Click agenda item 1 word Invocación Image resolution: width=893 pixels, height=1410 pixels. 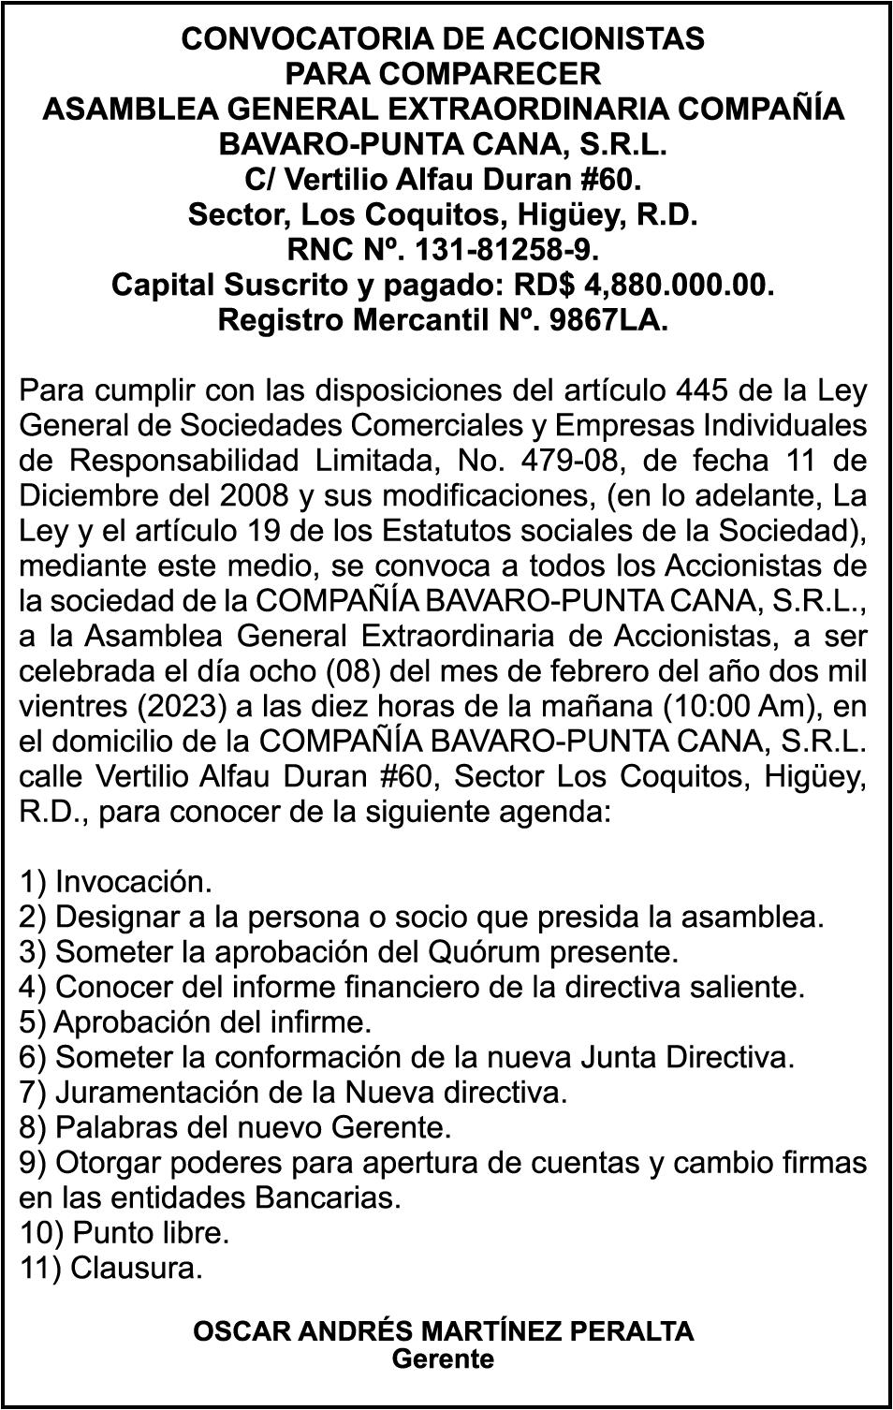(x=134, y=882)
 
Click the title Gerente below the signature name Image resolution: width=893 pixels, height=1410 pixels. (x=443, y=1359)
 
